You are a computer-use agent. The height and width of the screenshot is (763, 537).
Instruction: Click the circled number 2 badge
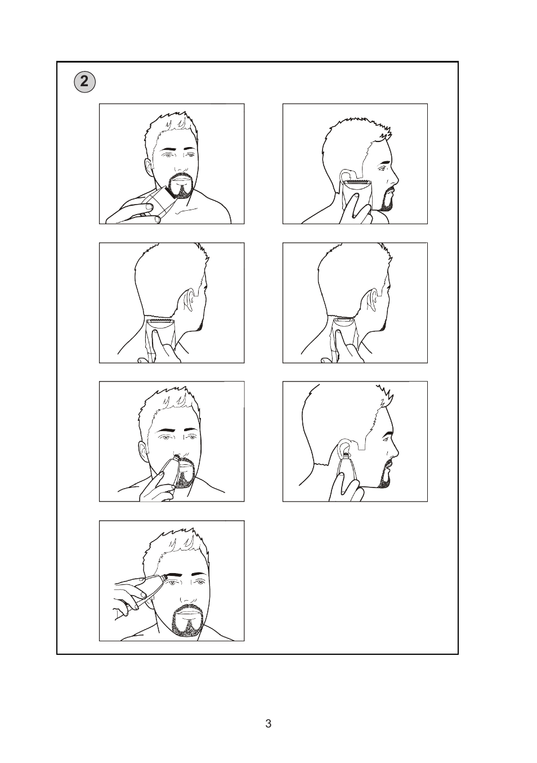(x=84, y=82)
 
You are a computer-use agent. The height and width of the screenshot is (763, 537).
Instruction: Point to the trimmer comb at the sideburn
(x=356, y=181)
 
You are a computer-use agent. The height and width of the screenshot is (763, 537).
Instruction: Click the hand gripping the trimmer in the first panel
(x=136, y=211)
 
